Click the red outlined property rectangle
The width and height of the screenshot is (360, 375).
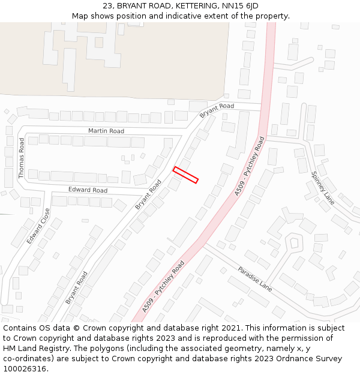pyautogui.click(x=185, y=175)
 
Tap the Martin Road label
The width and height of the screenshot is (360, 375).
pyautogui.click(x=106, y=131)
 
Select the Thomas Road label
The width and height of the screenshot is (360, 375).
pyautogui.click(x=22, y=158)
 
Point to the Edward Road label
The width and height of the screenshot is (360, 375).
pyautogui.click(x=88, y=190)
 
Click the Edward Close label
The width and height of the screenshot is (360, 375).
pyautogui.click(x=38, y=226)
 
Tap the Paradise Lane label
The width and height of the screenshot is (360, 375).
pyautogui.click(x=255, y=279)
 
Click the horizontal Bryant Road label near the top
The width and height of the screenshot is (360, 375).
pyautogui.click(x=217, y=110)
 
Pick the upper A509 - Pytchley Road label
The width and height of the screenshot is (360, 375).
pyautogui.click(x=250, y=166)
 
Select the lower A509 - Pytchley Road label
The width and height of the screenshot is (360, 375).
pyautogui.click(x=163, y=286)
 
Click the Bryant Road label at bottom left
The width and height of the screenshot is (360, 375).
pyautogui.click(x=76, y=287)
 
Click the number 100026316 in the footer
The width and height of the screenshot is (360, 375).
pyautogui.click(x=25, y=368)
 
